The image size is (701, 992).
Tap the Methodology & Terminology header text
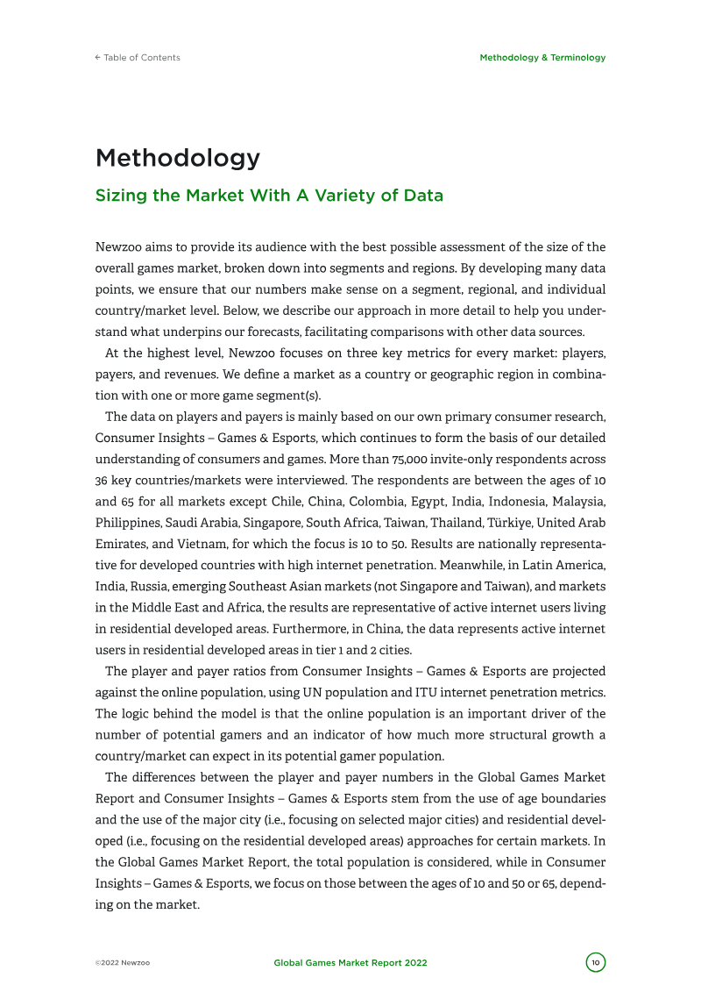(x=542, y=58)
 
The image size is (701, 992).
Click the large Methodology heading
(x=178, y=159)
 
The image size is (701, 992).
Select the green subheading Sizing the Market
(x=269, y=196)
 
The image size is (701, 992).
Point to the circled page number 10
(x=596, y=963)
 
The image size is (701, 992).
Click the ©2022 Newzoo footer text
(x=123, y=963)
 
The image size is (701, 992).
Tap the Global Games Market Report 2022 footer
(x=350, y=963)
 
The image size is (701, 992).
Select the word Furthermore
(x=370, y=627)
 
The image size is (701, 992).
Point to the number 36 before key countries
(x=101, y=480)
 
